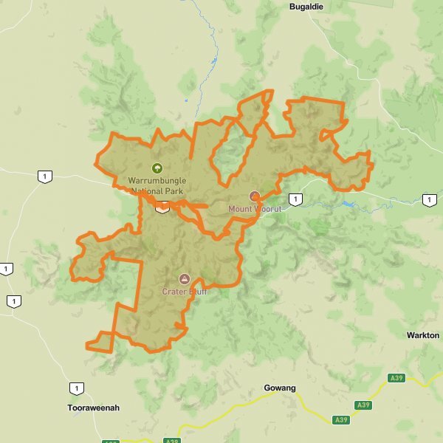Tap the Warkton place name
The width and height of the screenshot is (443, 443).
[423, 335]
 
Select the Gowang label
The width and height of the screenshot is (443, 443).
[280, 388]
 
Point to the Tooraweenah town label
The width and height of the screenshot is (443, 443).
[93, 408]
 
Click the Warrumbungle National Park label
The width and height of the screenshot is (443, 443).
[157, 185]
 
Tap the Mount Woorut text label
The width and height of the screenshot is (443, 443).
[255, 209]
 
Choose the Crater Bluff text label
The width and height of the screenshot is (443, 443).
[185, 291]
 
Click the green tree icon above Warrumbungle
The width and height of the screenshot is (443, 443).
[157, 168]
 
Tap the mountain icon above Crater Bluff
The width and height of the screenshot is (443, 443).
[185, 278]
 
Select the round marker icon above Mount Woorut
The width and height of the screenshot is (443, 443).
[255, 196]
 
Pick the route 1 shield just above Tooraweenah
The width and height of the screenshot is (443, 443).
[76, 388]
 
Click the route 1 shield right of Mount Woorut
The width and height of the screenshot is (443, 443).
[295, 199]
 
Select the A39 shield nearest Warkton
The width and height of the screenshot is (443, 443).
[396, 378]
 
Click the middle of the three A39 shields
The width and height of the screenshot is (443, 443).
[363, 405]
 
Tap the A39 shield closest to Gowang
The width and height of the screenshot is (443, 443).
[340, 419]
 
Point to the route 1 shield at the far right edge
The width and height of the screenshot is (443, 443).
[429, 199]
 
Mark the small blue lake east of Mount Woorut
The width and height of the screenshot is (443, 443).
[348, 204]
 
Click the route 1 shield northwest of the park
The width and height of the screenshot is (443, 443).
[46, 176]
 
